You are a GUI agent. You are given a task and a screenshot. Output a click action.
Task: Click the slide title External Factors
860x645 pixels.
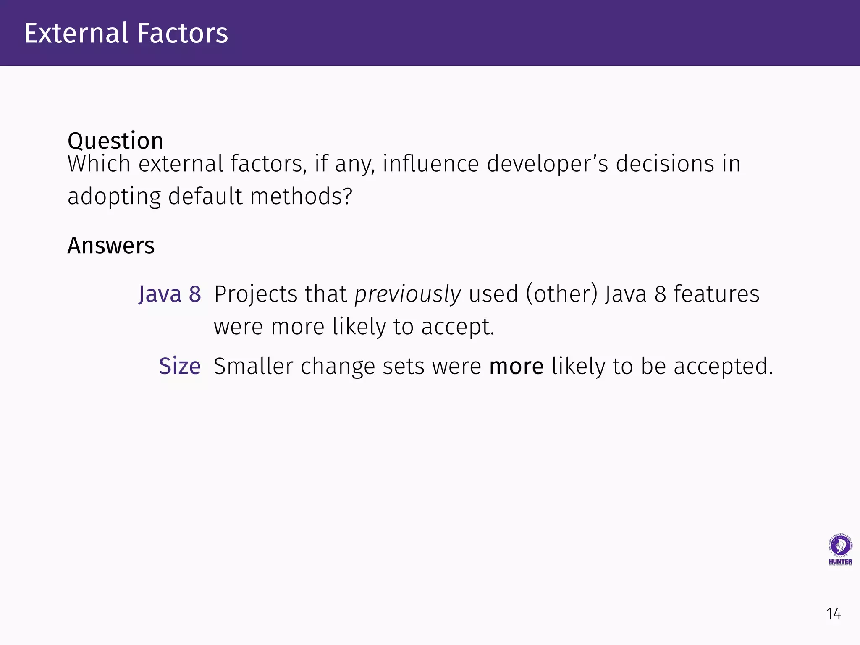pos(126,33)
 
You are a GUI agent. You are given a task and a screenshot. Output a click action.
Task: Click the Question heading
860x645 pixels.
pos(115,141)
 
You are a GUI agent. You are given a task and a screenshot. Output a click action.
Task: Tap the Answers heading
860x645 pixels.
pos(111,246)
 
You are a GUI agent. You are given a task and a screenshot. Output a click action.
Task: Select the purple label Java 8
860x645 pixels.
pos(170,294)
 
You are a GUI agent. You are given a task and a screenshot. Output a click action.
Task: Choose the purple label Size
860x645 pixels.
pos(180,366)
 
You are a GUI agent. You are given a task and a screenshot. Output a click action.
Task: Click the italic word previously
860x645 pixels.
pos(407,294)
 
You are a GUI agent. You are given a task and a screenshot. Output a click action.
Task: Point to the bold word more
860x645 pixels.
pos(516,366)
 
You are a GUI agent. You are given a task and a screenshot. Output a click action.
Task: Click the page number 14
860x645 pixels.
pos(834,614)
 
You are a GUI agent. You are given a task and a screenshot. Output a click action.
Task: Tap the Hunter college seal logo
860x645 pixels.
pos(840,545)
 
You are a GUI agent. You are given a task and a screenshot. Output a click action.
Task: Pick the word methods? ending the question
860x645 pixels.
pos(301,197)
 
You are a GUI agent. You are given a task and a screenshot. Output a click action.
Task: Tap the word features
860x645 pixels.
pos(716,294)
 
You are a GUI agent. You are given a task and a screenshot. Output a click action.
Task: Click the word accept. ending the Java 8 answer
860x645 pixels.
pos(458,327)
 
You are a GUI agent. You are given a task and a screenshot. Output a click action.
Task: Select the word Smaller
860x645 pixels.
pos(253,366)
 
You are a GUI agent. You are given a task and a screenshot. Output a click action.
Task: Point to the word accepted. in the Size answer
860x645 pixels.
pos(723,366)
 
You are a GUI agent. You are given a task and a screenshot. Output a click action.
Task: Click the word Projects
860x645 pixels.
pos(256,294)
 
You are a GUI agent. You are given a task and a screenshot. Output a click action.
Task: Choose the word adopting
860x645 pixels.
pos(114,197)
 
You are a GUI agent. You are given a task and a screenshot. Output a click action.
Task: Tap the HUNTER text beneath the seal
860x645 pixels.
pos(840,561)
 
